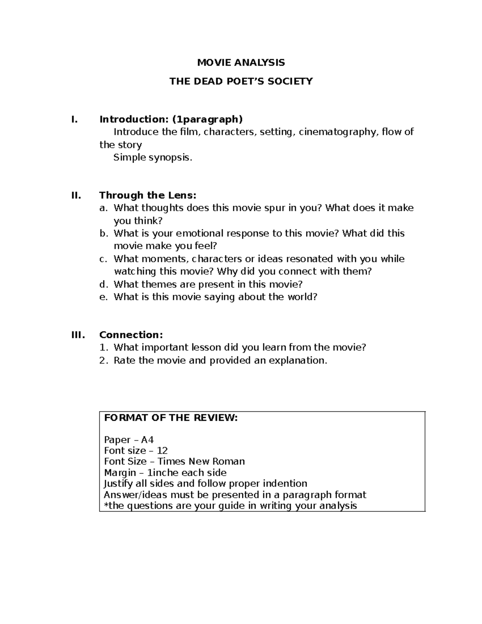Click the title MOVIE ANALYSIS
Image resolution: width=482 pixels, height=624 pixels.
tap(241, 62)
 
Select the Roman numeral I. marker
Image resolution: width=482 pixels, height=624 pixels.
tap(73, 119)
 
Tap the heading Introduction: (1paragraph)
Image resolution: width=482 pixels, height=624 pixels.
tap(171, 119)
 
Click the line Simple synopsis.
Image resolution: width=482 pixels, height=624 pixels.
tap(153, 158)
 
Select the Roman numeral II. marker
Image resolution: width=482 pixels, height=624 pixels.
tap(76, 195)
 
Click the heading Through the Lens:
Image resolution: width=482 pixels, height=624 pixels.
tap(148, 195)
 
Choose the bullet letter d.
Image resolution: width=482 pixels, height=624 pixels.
tap(104, 284)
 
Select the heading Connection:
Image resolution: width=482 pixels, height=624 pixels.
tap(131, 335)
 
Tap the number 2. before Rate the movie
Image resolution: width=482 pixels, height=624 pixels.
tap(104, 360)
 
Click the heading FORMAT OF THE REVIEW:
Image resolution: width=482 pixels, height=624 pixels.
tap(171, 417)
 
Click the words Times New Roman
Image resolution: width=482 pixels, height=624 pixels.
tap(201, 461)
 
